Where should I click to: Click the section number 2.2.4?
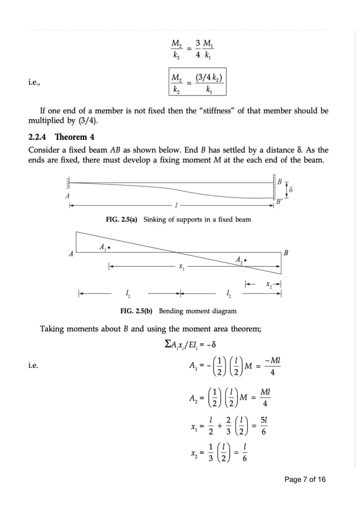pyautogui.click(x=39, y=137)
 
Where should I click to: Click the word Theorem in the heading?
pyautogui.click(x=70, y=137)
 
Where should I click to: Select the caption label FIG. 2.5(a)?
pyautogui.click(x=122, y=219)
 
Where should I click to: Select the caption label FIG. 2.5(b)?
pyautogui.click(x=138, y=311)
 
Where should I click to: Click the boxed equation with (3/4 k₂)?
pyautogui.click(x=196, y=83)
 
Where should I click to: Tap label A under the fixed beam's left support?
pyautogui.click(x=68, y=195)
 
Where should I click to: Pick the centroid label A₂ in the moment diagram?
pyautogui.click(x=240, y=260)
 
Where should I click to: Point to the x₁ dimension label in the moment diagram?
pyautogui.click(x=181, y=267)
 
